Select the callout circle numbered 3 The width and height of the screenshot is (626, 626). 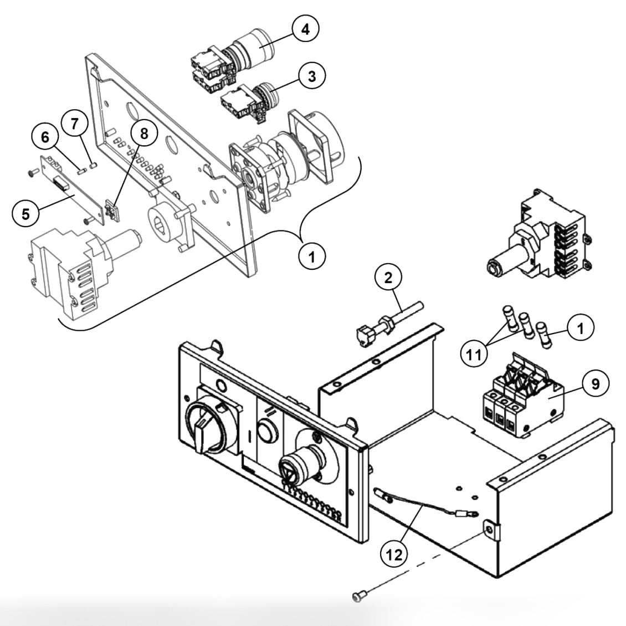312,76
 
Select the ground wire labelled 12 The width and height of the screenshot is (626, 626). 421,507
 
